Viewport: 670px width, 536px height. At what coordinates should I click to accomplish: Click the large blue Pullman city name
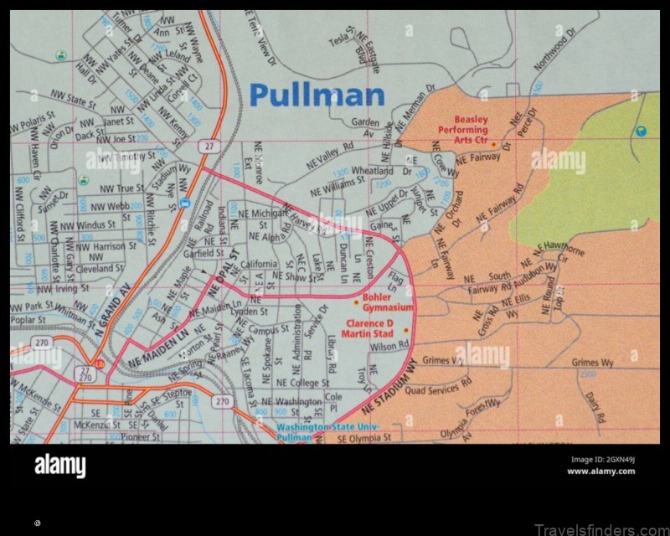pyautogui.click(x=317, y=95)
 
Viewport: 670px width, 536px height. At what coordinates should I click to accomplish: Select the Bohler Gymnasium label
pyautogui.click(x=388, y=302)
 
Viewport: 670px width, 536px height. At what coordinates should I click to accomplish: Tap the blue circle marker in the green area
pyautogui.click(x=641, y=130)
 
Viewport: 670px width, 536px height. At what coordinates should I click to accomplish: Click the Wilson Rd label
pyautogui.click(x=389, y=345)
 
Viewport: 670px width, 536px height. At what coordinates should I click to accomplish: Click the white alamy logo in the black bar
pyautogui.click(x=59, y=466)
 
